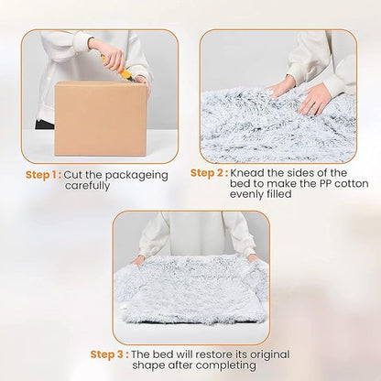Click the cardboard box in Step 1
[x=101, y=119]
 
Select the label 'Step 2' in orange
[x=208, y=172]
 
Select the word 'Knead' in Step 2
[x=247, y=172]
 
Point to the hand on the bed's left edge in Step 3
[x=137, y=259]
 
